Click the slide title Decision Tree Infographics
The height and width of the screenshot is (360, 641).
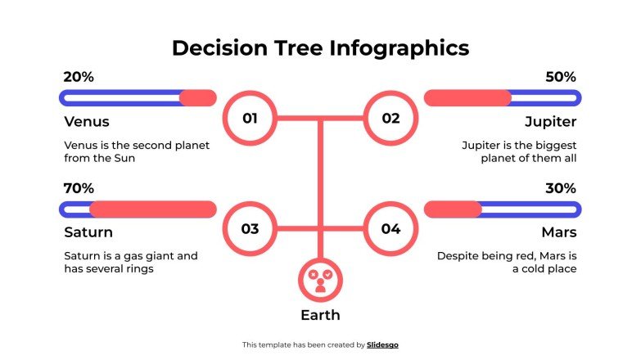point(320,48)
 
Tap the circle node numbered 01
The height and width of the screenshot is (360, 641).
point(250,119)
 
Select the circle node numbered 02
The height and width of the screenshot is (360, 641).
point(390,119)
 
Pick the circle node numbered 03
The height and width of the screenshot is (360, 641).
point(250,228)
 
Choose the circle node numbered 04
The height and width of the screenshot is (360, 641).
point(390,228)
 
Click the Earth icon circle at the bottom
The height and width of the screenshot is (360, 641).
point(320,281)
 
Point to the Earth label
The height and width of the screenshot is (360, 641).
point(320,315)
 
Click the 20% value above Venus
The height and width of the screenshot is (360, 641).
point(79,77)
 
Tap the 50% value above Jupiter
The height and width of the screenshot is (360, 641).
point(561,77)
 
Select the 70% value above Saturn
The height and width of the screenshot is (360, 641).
point(79,188)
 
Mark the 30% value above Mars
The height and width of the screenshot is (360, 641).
point(561,188)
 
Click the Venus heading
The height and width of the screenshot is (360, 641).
point(86,122)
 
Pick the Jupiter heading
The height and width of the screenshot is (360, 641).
point(550,122)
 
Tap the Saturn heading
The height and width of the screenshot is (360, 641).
point(88,232)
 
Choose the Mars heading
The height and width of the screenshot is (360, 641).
point(559,232)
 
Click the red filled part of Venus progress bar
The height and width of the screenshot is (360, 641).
point(197,98)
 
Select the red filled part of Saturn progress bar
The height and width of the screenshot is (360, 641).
point(152,209)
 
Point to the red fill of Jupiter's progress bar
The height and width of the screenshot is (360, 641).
point(467,98)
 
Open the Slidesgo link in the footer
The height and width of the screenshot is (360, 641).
point(382,345)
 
